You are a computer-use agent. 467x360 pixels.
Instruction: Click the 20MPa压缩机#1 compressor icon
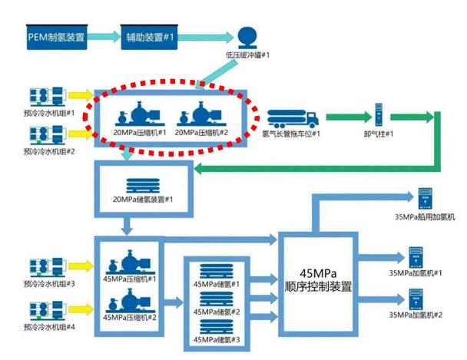tap(137, 114)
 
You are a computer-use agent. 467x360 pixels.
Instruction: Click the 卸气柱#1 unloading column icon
tap(378, 115)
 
